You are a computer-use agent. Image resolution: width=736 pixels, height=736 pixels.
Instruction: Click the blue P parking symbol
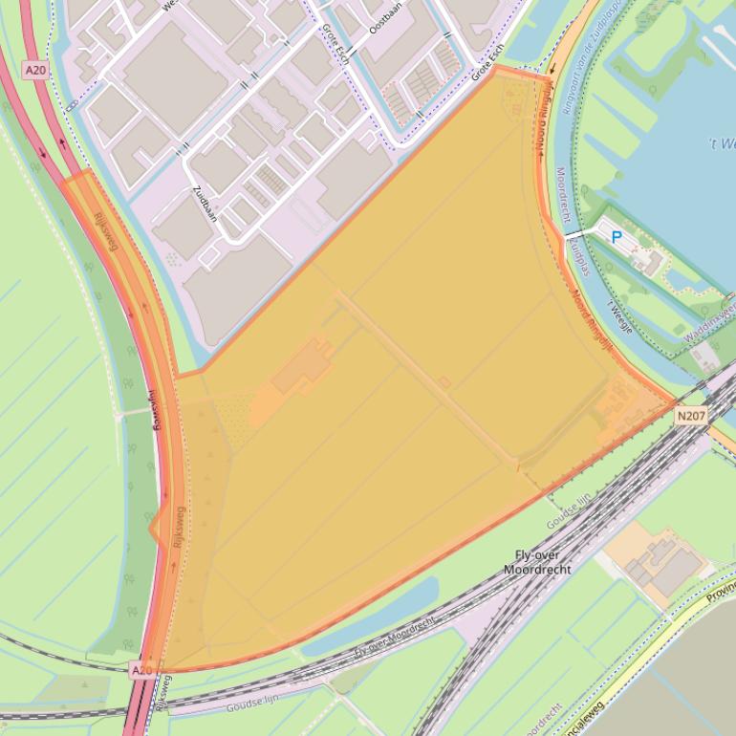tap(617, 236)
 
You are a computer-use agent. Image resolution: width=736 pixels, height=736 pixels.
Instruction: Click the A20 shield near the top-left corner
tap(35, 69)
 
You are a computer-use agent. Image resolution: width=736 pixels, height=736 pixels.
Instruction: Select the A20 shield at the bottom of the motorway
tap(141, 670)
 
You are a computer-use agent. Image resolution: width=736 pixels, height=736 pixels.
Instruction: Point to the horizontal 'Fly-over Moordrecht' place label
tap(544, 562)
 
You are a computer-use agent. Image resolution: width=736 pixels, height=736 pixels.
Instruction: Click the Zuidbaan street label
tap(205, 203)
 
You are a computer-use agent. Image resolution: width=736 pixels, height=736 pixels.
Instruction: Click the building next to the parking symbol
tap(649, 260)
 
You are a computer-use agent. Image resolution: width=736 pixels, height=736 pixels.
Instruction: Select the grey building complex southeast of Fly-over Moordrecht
tap(665, 563)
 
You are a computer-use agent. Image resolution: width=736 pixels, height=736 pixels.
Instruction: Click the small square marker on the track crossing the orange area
tap(444, 382)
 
